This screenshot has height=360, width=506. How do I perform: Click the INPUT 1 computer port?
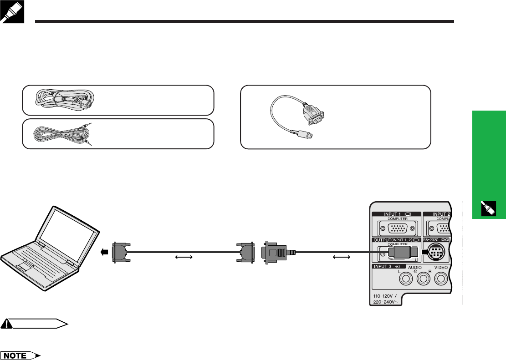coord(394,229)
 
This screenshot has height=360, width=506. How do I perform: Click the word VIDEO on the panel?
coord(441,268)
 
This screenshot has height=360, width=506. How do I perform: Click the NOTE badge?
coord(25,354)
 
